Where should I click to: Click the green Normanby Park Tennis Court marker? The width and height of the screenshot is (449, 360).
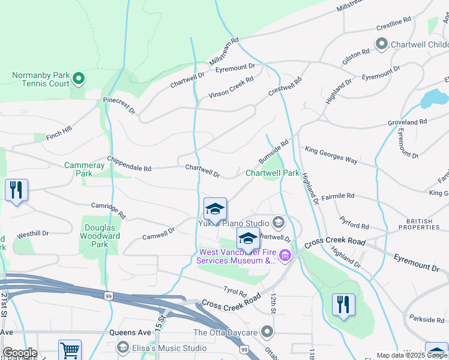pos(78,77)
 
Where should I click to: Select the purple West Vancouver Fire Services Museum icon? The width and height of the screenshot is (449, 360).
pos(285,256)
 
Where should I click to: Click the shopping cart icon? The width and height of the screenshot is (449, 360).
pos(70,350)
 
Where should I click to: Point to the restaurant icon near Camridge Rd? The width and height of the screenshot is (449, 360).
pos(16,191)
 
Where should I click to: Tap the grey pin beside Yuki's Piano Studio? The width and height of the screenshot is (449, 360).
pos(278,223)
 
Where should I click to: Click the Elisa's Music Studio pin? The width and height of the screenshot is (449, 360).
pos(123,347)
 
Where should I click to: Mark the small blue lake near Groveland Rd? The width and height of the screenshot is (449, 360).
pos(434,98)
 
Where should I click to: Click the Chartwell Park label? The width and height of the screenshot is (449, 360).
pos(272,173)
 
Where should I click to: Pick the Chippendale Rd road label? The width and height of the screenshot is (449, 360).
pos(129,164)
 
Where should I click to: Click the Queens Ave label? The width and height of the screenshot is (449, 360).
pos(130,332)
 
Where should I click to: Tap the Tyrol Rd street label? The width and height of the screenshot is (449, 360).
pos(235,292)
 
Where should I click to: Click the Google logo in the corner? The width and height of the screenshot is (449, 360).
pos(20,353)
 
